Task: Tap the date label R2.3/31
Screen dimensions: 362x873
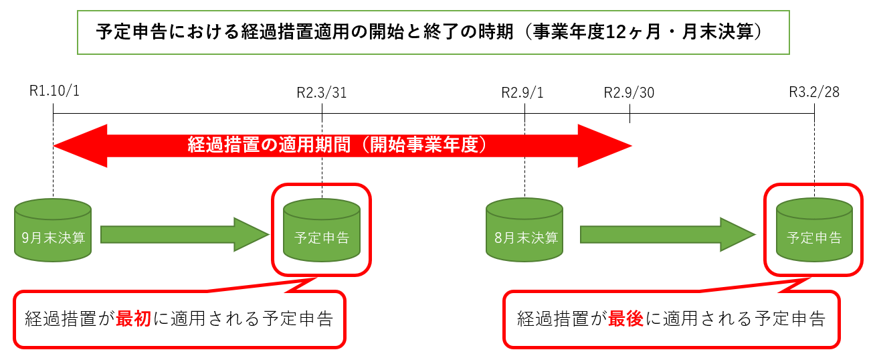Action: coord(321,92)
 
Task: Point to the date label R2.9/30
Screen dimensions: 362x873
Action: coord(629,92)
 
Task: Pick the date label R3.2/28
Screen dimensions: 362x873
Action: coord(813,92)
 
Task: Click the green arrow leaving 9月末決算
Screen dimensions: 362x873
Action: coord(184,234)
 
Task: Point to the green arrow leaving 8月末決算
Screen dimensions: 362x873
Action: coord(666,234)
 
